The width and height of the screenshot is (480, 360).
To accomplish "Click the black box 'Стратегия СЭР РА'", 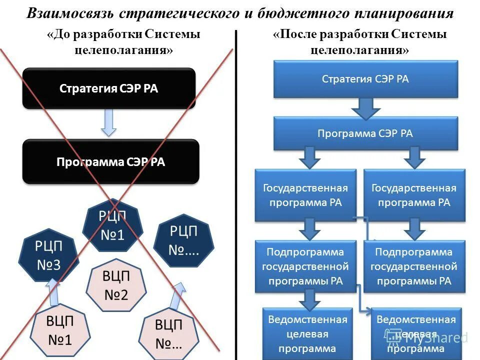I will tap(108, 88).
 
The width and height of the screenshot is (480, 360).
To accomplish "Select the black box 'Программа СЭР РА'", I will tap(110, 162).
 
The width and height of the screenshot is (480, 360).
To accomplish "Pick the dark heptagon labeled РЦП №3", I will tap(48, 255).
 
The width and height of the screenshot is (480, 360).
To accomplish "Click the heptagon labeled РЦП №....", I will tap(184, 240).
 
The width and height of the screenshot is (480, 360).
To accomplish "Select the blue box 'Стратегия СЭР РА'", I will tap(365, 79).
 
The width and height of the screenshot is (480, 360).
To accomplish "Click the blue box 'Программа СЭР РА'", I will tap(365, 133).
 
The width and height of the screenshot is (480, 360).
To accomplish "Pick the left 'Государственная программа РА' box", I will tap(305, 195).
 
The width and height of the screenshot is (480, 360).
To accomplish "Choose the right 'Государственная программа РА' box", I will tap(414, 195).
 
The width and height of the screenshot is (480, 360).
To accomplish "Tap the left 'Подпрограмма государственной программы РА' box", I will tap(305, 266).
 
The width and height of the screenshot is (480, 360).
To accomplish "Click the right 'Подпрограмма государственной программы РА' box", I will tap(414, 266).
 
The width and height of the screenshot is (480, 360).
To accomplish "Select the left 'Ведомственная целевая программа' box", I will tap(307, 333).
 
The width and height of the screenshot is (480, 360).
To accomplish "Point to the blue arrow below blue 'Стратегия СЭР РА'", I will tap(366, 107).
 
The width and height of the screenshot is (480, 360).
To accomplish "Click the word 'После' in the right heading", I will tap(294, 34).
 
